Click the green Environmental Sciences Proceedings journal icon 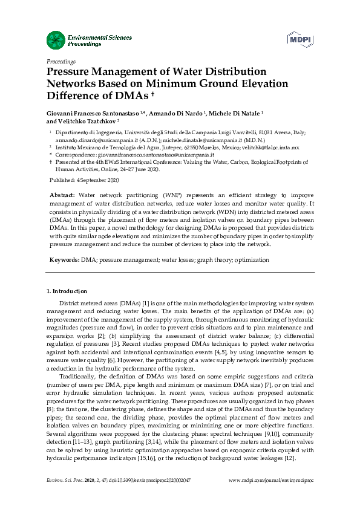(55, 41)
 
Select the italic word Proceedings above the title (61, 62)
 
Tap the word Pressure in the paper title (70, 71)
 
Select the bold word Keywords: (64, 259)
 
